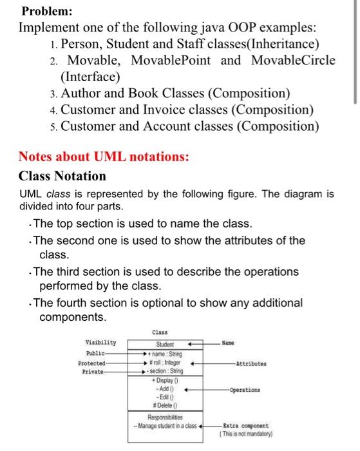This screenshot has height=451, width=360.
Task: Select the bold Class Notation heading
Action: [x=62, y=176]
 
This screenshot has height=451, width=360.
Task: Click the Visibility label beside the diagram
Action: [x=100, y=342]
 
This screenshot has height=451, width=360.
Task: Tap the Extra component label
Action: [x=245, y=426]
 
